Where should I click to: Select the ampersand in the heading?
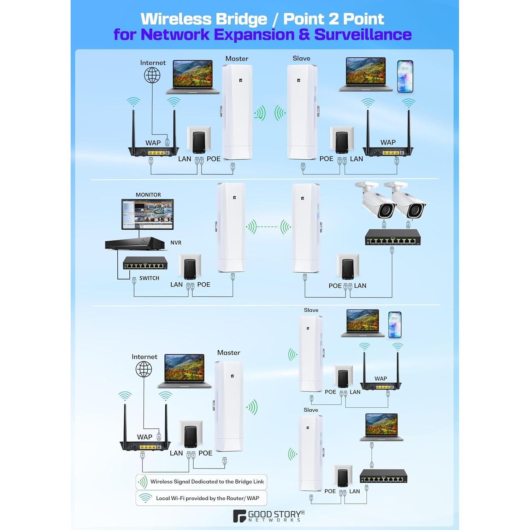pos(304,34)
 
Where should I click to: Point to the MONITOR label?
pos(148,195)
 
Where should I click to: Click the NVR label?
pos(176,243)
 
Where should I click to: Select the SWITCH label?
pos(149,278)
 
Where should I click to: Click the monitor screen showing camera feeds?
pos(147,214)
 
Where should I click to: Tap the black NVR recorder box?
pos(135,244)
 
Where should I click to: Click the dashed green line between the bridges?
pos(268,226)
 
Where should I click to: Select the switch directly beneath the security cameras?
pos(393,237)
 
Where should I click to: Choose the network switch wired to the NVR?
pos(145,263)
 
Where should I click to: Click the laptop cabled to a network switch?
pos(382,427)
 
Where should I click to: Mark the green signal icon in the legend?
pos(142,482)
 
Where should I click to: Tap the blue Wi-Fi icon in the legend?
pos(145,498)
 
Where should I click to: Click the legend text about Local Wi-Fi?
pos(207,498)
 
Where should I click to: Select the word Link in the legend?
pos(259,482)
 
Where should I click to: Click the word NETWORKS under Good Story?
pos(275,520)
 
